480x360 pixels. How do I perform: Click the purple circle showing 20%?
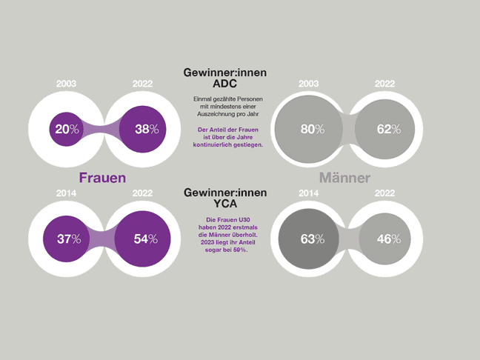[67, 129]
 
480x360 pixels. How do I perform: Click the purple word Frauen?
[102, 178]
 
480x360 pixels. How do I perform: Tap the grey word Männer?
[344, 179]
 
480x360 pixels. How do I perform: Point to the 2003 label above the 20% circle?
[67, 84]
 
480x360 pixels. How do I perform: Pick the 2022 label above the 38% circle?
[143, 84]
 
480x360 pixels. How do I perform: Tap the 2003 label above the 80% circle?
[309, 84]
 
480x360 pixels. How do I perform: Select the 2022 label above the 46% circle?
[384, 194]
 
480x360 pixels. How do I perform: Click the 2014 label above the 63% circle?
[309, 194]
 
